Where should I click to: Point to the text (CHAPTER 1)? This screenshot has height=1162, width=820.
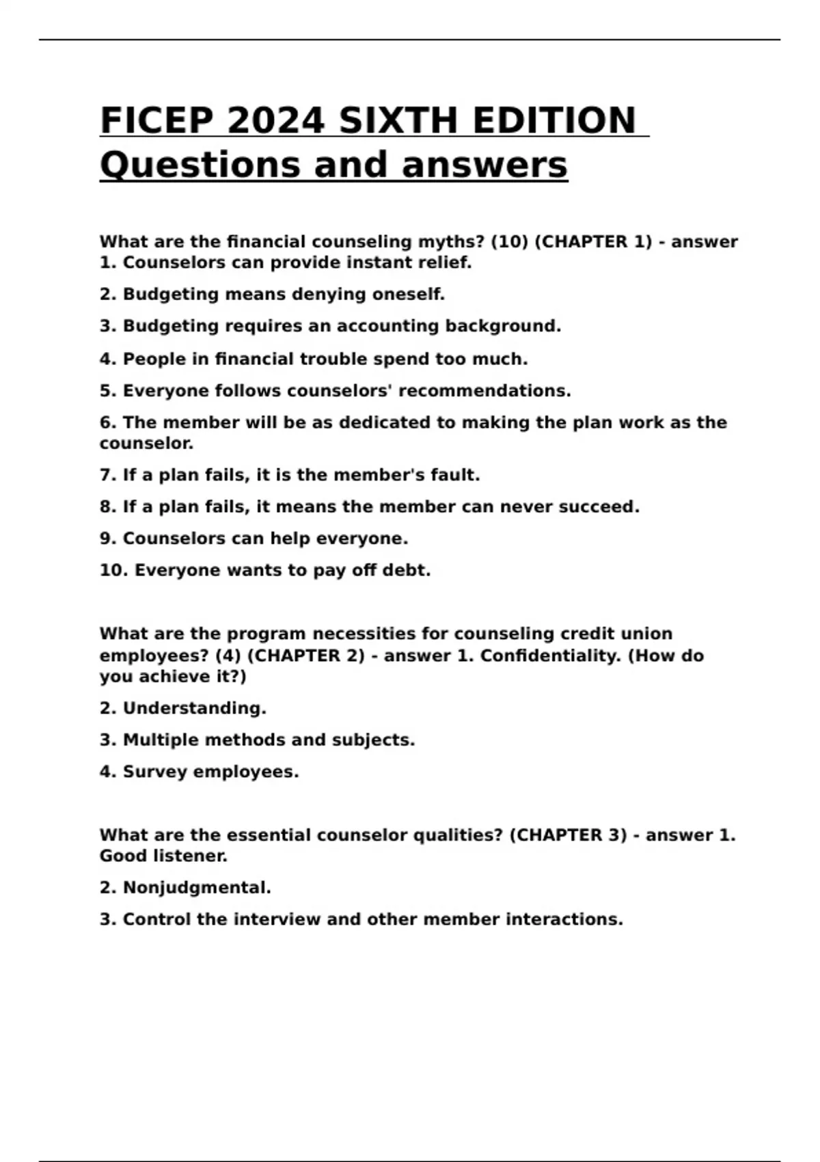pos(592,242)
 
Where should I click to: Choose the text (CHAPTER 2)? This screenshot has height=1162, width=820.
pos(305,656)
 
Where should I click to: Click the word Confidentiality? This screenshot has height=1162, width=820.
pos(551,656)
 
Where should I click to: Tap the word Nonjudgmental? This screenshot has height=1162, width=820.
pos(197,888)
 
